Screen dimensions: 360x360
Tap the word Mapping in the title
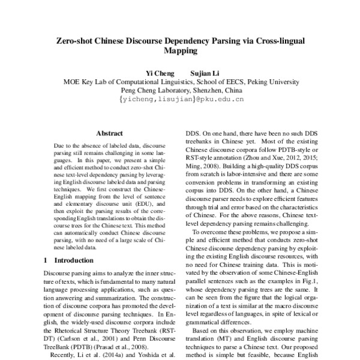180,53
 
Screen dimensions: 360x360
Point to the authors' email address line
180,100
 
